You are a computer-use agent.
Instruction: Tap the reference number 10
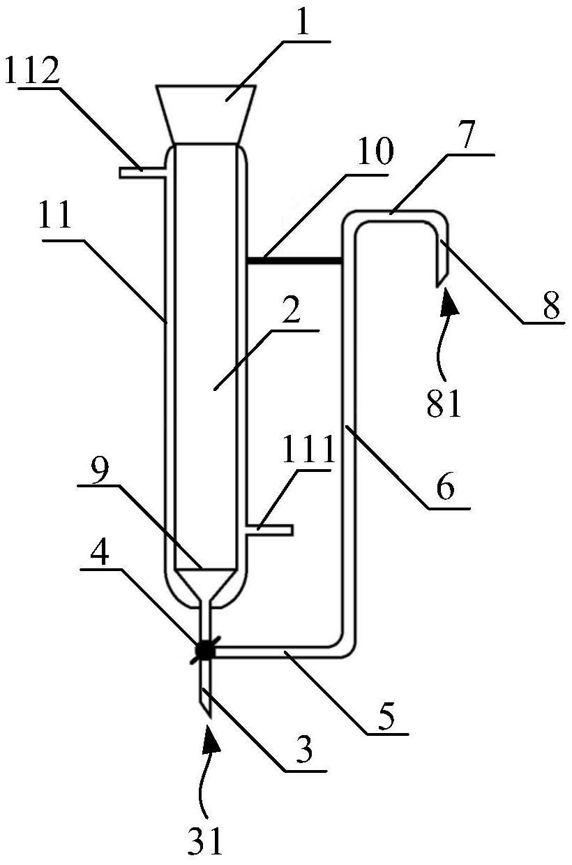click(375, 151)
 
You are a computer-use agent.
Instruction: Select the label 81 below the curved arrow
click(444, 403)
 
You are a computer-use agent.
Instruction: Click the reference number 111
click(308, 450)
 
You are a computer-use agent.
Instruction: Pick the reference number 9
click(100, 472)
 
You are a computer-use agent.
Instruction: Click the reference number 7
click(467, 134)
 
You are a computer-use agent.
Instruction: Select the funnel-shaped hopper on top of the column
click(205, 114)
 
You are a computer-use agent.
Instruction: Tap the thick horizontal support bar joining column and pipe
click(294, 260)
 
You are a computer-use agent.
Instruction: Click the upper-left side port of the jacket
click(143, 172)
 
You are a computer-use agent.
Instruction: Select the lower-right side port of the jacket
click(270, 530)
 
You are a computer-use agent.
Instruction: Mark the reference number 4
click(100, 554)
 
